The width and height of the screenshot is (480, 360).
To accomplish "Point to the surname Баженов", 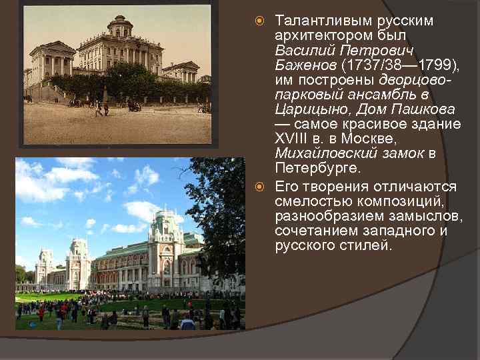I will (x=305, y=65).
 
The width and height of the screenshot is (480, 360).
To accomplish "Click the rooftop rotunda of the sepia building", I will (x=120, y=27).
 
